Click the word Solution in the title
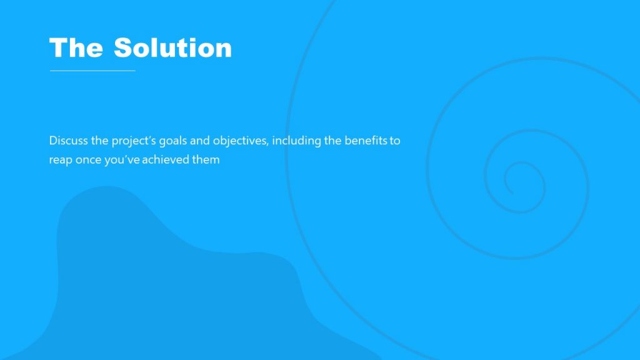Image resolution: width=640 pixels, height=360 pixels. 172,48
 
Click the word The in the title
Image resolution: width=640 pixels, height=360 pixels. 76,48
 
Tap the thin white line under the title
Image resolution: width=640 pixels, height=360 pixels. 92,71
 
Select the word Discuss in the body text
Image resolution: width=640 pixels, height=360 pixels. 69,141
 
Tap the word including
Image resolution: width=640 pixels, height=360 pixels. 296,141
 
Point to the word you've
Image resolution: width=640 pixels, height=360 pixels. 123,159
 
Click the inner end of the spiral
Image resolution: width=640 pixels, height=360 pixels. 511,192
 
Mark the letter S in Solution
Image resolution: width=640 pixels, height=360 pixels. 122,48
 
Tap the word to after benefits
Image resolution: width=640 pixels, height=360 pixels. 395,141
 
